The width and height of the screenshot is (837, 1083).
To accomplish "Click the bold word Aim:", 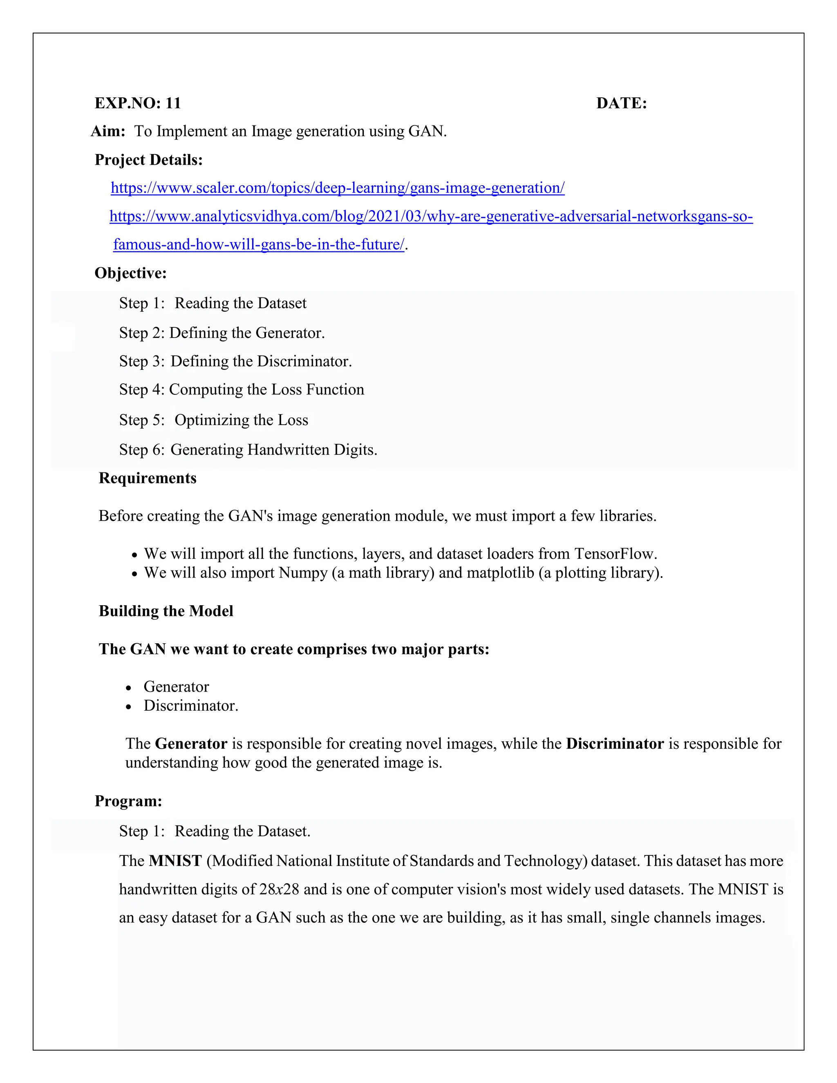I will tap(108, 132).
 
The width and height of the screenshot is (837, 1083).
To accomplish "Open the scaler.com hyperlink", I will tap(337, 188).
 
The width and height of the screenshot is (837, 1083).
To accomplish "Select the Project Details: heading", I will tap(148, 160).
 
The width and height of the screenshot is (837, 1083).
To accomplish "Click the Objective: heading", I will tap(130, 273).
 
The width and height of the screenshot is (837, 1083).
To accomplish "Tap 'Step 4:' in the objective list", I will tap(141, 390).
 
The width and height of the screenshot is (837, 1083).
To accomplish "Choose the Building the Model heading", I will tap(166, 611).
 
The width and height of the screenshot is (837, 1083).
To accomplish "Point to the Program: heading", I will tap(128, 801).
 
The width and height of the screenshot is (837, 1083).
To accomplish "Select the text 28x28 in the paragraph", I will tap(279, 889).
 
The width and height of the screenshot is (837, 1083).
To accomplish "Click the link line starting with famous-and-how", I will tap(258, 244).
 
